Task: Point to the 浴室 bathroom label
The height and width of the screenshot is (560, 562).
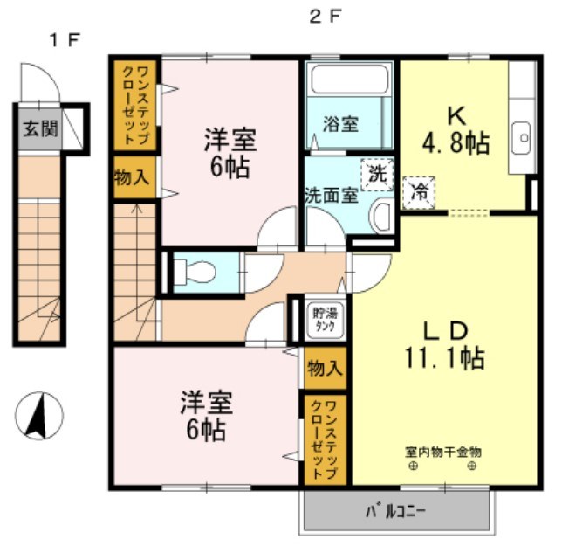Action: [341, 123]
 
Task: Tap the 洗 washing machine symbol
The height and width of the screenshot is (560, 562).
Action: [377, 173]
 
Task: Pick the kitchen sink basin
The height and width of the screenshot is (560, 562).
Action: [522, 136]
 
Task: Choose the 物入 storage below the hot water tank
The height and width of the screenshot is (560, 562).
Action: [325, 368]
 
